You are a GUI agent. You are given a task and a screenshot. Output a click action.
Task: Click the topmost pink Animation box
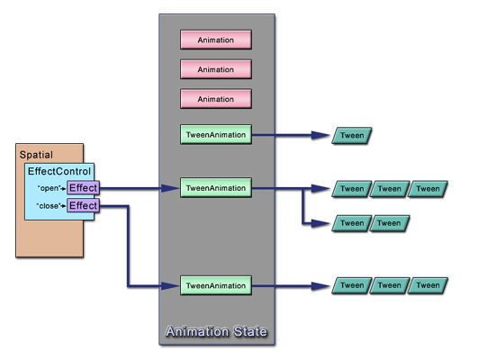coord(215,40)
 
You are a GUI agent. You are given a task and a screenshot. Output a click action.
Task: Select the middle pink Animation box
coord(215,68)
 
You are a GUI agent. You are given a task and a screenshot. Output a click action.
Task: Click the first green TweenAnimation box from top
coord(215,135)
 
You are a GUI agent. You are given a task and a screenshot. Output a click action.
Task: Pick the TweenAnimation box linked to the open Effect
coord(215,188)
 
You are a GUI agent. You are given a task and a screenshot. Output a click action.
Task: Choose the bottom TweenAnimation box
coord(215,285)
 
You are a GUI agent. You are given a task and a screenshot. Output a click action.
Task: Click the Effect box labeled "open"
coord(83,188)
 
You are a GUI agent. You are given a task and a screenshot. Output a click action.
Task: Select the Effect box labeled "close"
coord(83,206)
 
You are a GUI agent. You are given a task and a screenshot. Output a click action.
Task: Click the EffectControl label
coord(59,171)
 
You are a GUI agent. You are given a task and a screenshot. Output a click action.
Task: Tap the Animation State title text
coord(216,332)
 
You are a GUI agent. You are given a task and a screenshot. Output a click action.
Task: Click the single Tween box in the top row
coord(352,135)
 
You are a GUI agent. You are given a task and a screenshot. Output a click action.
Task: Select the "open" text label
coord(48,189)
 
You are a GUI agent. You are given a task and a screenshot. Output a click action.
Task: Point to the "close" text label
coord(49,206)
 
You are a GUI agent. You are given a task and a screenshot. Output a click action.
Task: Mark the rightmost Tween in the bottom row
coord(428,285)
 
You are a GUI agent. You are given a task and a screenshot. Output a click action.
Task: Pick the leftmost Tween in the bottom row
coord(352,285)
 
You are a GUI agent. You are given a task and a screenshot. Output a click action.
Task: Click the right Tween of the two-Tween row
coord(390,222)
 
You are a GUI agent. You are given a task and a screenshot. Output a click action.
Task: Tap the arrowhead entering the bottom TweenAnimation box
coord(172,285)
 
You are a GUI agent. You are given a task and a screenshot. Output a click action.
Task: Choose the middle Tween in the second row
coord(390,189)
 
